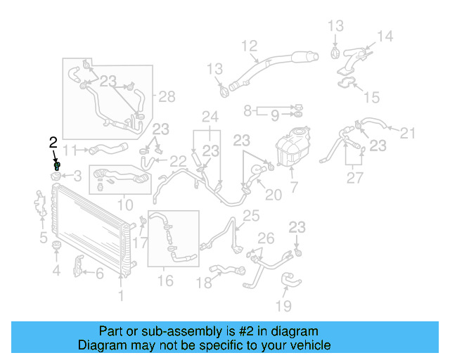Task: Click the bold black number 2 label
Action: tap(53, 143)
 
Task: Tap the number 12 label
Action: tap(250, 46)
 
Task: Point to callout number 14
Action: tap(385, 37)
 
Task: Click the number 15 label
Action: tap(372, 96)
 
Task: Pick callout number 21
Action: tap(409, 132)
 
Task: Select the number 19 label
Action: tap(283, 305)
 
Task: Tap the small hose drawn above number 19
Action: tap(292, 282)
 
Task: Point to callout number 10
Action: tap(124, 205)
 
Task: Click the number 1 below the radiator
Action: tap(121, 296)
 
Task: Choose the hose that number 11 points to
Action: tap(106, 148)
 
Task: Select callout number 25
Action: tap(250, 215)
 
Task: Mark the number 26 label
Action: tap(266, 238)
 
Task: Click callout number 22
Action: tap(179, 161)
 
